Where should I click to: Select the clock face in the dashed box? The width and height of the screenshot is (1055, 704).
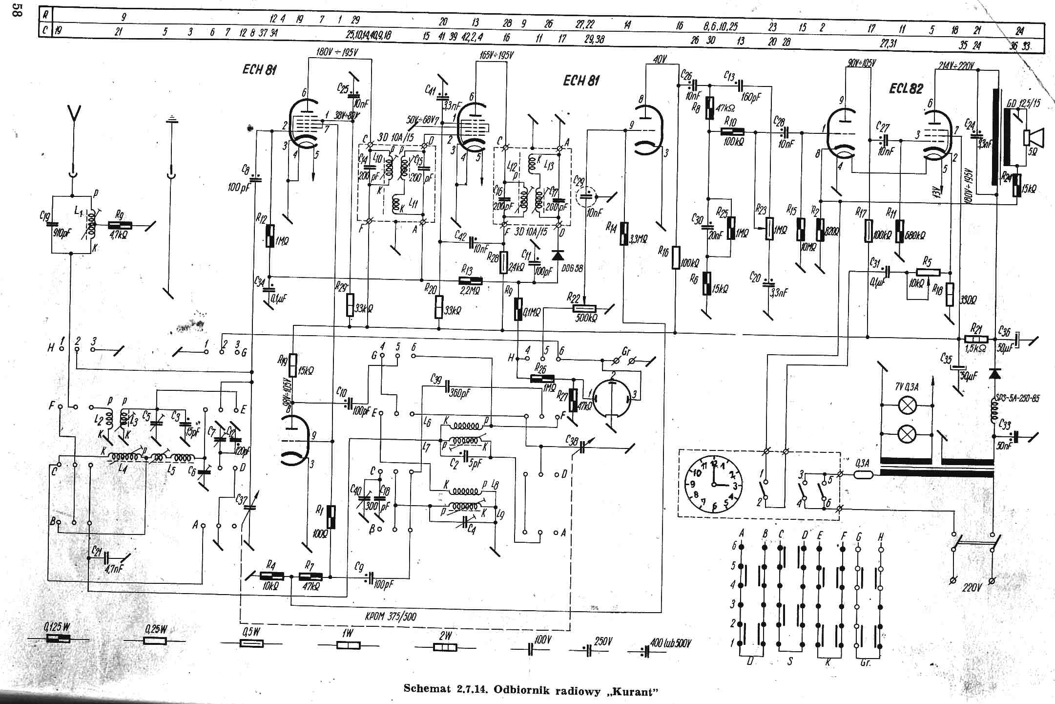point(713,485)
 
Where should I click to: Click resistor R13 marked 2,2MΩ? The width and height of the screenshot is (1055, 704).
point(470,280)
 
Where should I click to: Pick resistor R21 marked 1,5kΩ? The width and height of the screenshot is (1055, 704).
point(976,339)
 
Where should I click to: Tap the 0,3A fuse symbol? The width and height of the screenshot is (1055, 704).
point(865,474)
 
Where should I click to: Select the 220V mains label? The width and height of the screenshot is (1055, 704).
point(972,588)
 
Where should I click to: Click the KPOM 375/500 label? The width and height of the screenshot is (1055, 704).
point(391,617)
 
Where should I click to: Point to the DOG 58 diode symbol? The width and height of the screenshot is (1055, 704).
point(557,255)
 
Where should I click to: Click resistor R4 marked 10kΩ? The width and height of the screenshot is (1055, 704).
point(269,577)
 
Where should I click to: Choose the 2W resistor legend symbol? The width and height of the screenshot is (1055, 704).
point(445,647)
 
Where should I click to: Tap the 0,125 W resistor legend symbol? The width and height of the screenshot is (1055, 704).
point(58,639)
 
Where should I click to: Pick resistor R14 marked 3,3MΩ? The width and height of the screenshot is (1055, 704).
point(623,234)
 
